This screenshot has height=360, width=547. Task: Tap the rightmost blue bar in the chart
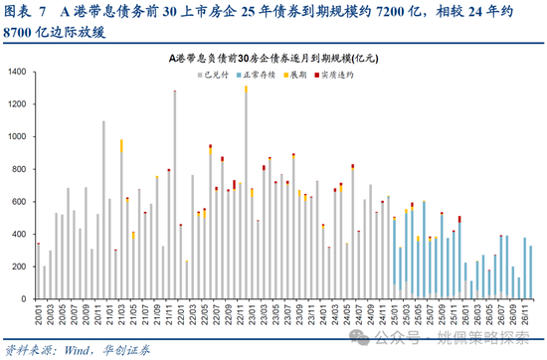(x=531, y=272)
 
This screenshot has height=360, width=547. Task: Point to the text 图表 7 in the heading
(x=26, y=11)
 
